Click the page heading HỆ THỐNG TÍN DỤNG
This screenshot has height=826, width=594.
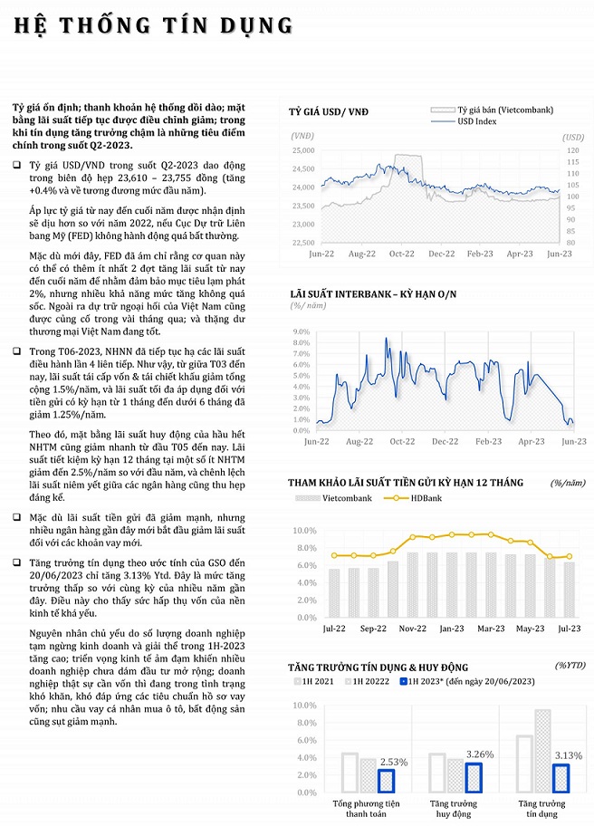(x=153, y=24)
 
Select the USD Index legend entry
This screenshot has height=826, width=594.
(x=477, y=120)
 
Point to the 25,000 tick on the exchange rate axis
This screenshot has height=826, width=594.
(x=302, y=150)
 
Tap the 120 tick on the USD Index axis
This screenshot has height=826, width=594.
(x=571, y=150)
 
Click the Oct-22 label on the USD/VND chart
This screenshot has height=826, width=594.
(x=402, y=255)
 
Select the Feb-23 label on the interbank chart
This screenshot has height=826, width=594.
(x=488, y=441)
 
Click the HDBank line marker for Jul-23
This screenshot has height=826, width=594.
(x=569, y=556)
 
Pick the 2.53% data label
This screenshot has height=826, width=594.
(x=392, y=762)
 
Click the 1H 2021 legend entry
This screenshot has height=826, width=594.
(x=316, y=681)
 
